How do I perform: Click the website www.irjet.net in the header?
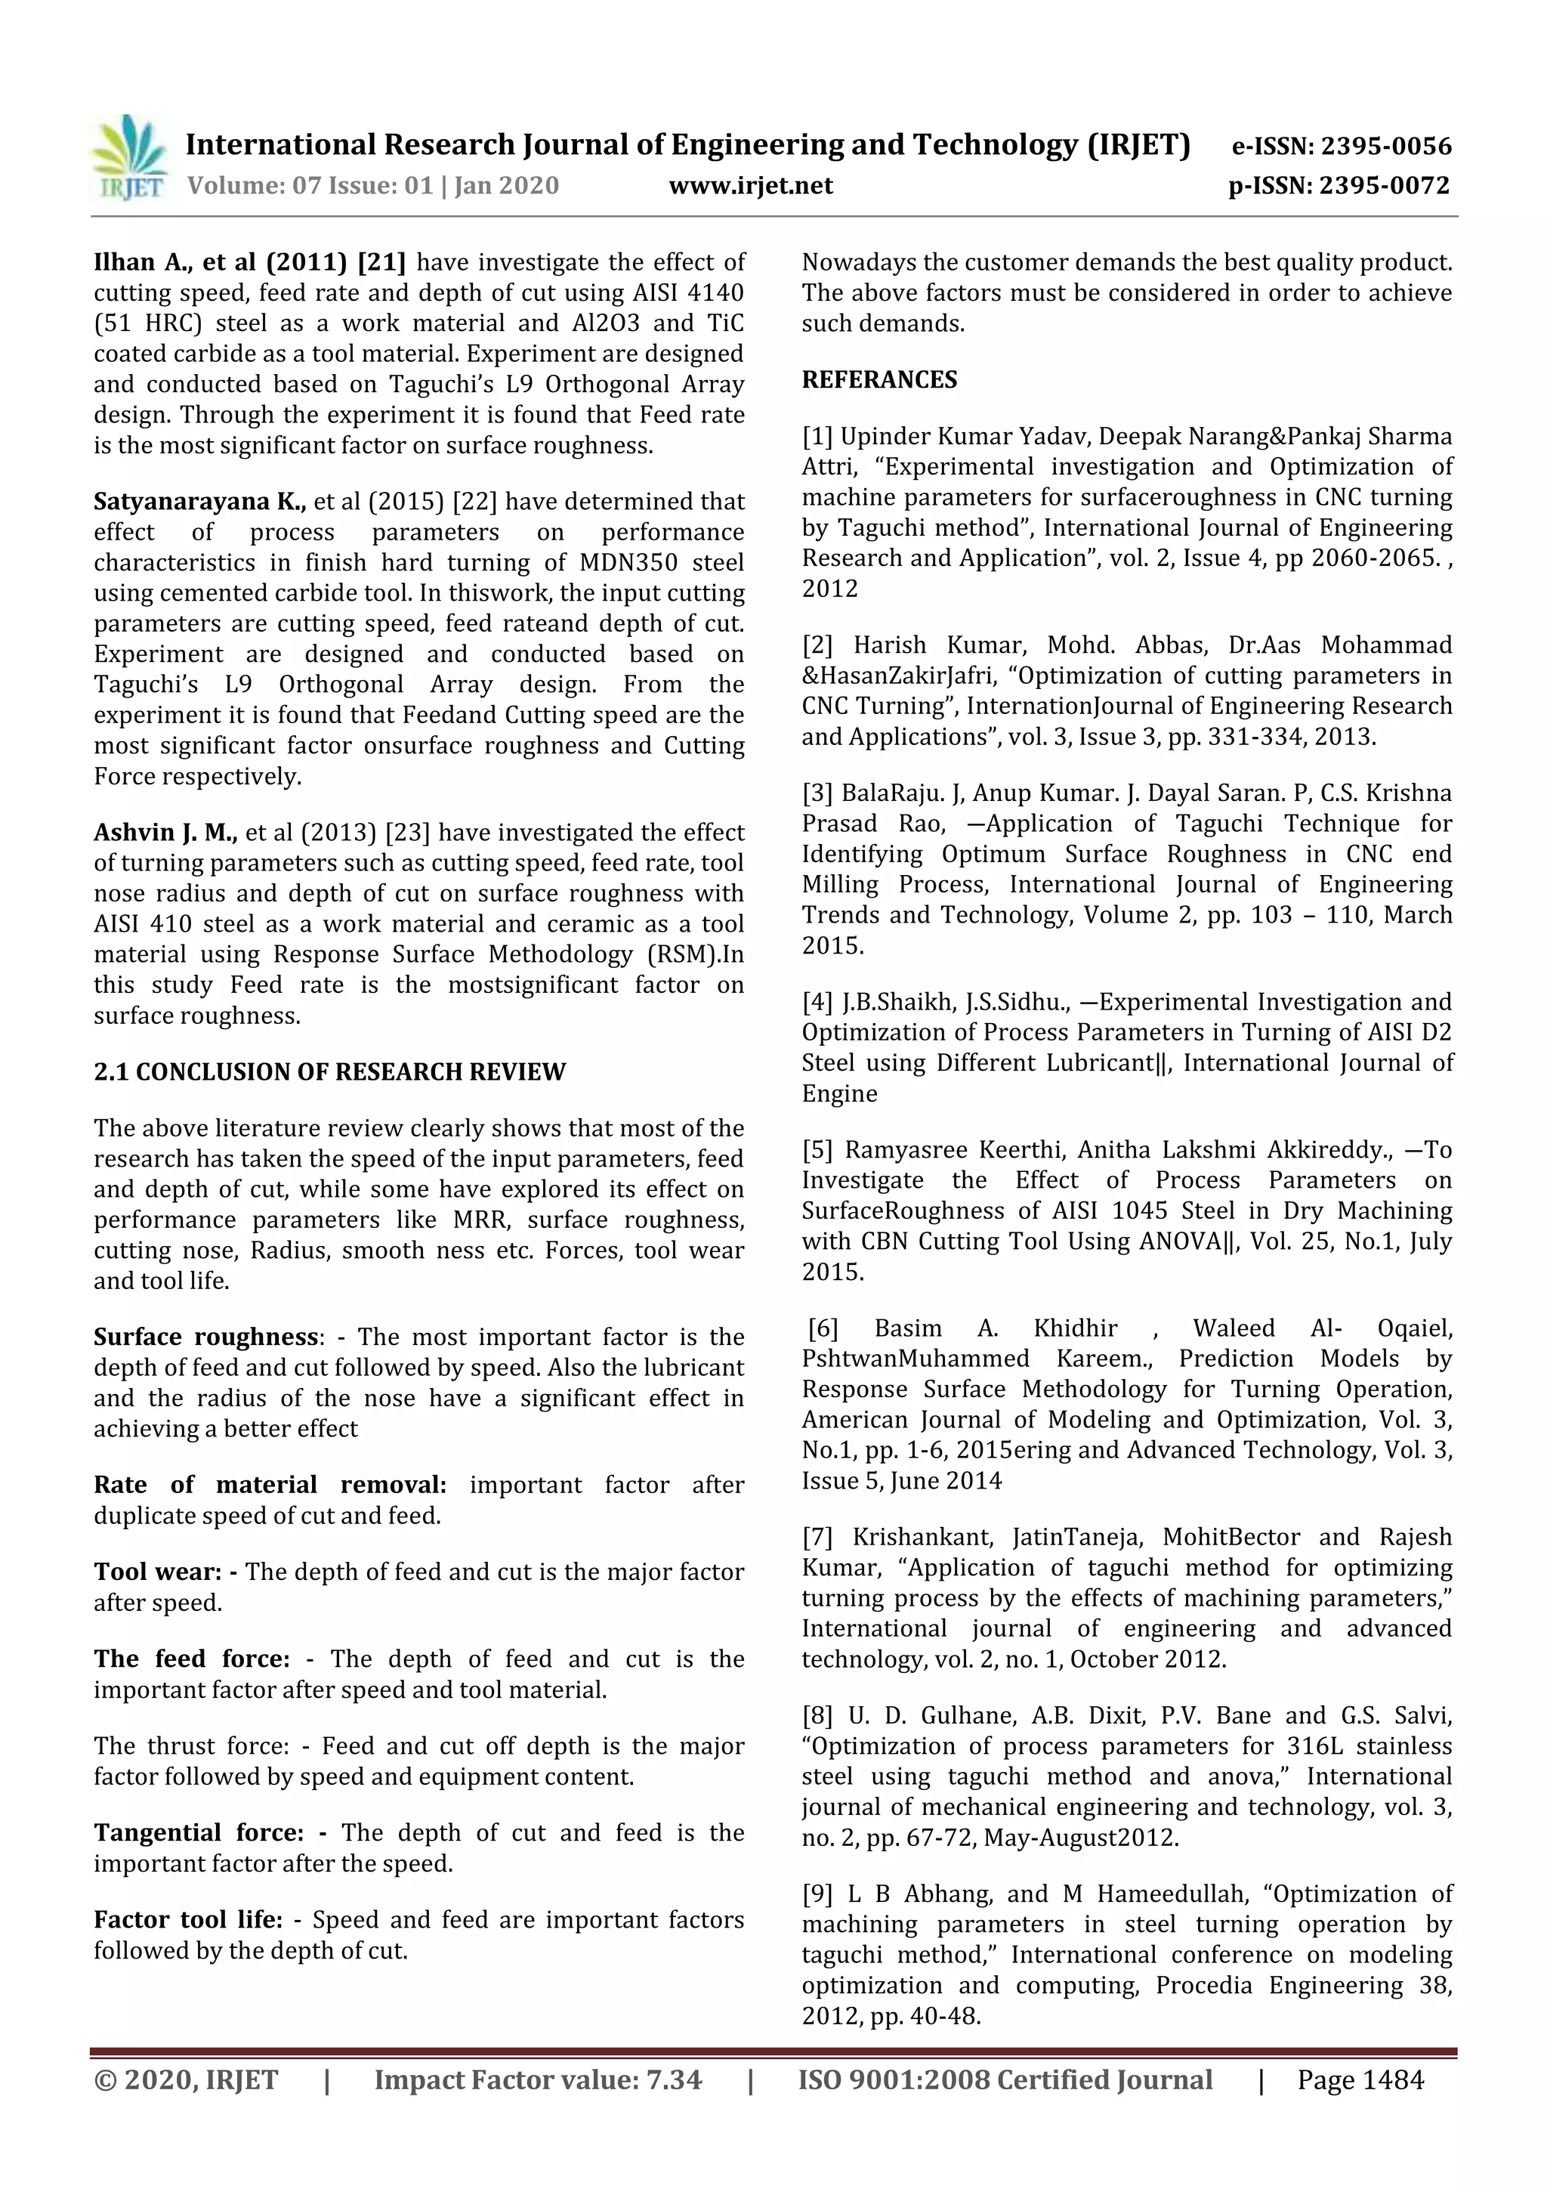coord(750,186)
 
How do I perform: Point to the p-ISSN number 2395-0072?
coord(1384,186)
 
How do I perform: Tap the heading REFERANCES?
coord(878,379)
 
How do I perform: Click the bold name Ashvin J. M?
coord(165,833)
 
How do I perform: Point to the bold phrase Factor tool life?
coord(188,1919)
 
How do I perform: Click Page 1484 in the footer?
coord(1360,2079)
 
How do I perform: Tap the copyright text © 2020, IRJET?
coord(186,2079)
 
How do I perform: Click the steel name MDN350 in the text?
coord(629,562)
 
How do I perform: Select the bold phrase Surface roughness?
coord(205,1337)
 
